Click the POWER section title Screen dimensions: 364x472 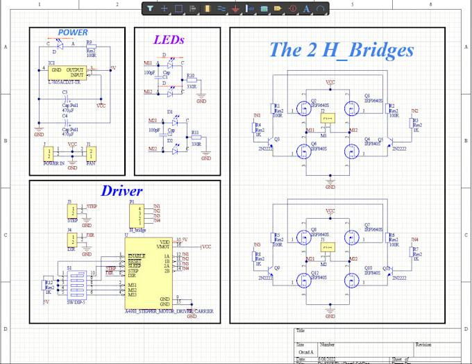coord(73,33)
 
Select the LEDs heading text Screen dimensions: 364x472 coord(169,40)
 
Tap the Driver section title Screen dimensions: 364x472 coord(121,191)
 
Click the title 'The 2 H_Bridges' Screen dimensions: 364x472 coord(341,50)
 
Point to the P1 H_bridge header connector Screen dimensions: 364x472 coord(138,213)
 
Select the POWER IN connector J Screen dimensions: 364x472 coord(51,154)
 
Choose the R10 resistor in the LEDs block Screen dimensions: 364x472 coord(190,82)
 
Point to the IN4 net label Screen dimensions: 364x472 coord(414,240)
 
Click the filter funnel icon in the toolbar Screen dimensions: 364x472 coord(151,9)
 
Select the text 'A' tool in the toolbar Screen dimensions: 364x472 coord(307,9)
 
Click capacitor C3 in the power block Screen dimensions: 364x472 coord(65,99)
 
